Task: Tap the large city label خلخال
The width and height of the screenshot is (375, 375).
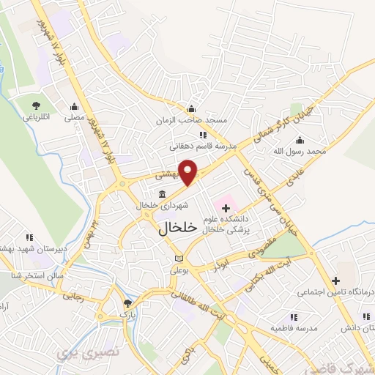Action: point(178,228)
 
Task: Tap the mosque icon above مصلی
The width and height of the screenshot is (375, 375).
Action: point(73,105)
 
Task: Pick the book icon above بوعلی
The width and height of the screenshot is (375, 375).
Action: point(179,259)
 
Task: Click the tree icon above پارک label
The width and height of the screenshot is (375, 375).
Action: point(128,302)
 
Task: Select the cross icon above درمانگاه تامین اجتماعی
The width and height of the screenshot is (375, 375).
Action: point(335,280)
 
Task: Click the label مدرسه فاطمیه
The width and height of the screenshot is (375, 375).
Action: point(292,328)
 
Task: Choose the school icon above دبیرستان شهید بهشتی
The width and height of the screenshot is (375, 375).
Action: point(30,237)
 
